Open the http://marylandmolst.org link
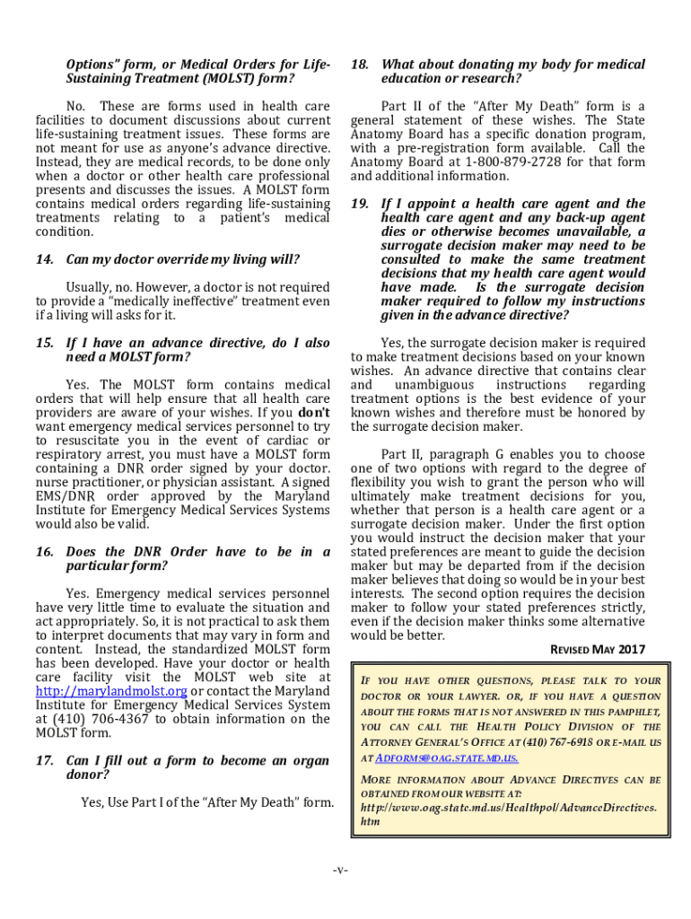(111, 691)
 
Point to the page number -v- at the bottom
(340, 871)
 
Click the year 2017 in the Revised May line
(629, 650)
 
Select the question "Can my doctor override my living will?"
(183, 260)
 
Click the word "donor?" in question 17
(88, 775)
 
